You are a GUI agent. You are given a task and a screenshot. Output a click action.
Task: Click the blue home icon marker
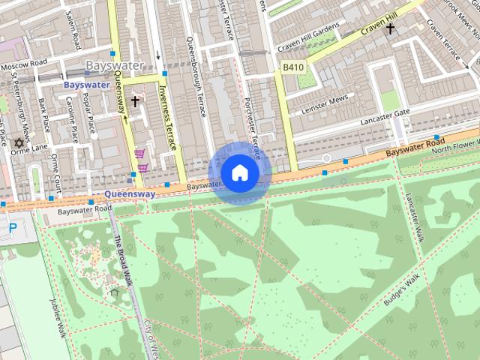(x=238, y=173)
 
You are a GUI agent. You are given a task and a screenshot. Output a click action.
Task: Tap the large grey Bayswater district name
(x=115, y=66)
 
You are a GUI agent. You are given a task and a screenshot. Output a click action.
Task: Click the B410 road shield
(x=293, y=67)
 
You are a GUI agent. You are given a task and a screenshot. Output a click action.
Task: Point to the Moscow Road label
(x=24, y=66)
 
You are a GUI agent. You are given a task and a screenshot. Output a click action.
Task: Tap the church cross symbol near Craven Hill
(x=390, y=29)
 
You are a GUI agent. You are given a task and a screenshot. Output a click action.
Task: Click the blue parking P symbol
(x=11, y=226)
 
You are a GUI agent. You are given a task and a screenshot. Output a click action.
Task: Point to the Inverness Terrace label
(x=168, y=117)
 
